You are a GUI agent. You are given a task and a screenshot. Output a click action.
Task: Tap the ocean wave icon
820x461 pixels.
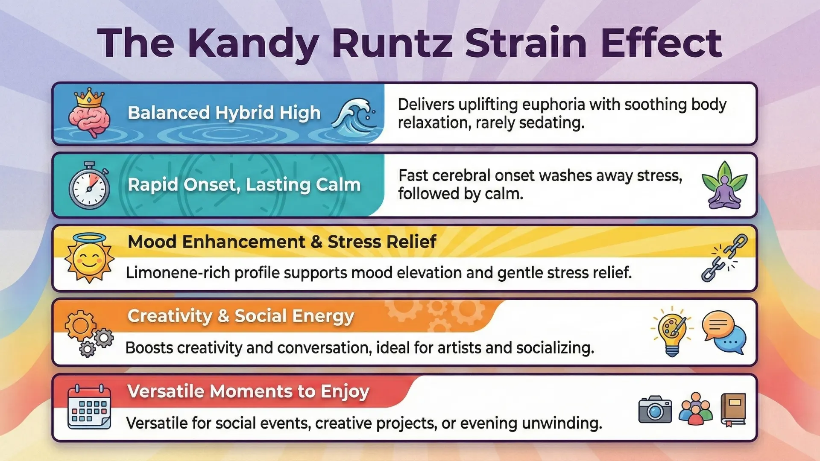pos(354,115)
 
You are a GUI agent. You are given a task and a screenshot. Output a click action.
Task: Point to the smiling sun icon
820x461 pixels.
pos(89,258)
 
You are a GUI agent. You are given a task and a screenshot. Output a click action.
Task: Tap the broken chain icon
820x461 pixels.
pos(724,258)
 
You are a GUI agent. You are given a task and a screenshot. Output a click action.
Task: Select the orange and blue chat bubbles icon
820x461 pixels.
pos(724,332)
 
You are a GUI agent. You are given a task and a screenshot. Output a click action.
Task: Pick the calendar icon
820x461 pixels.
pos(89,407)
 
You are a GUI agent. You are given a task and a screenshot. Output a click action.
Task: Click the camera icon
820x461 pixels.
pos(655,409)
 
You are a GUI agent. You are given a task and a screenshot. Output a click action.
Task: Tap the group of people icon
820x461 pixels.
pos(696,409)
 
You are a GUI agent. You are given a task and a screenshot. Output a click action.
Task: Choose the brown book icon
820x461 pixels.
pos(733,409)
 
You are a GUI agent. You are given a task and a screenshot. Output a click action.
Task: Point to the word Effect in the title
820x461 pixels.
pos(661,43)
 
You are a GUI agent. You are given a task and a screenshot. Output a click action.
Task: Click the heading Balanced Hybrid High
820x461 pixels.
pos(224,113)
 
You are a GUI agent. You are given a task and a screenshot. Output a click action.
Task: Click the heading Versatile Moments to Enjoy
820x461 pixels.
pos(248,391)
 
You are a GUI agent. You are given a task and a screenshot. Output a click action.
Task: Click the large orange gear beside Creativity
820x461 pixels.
pos(80,326)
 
